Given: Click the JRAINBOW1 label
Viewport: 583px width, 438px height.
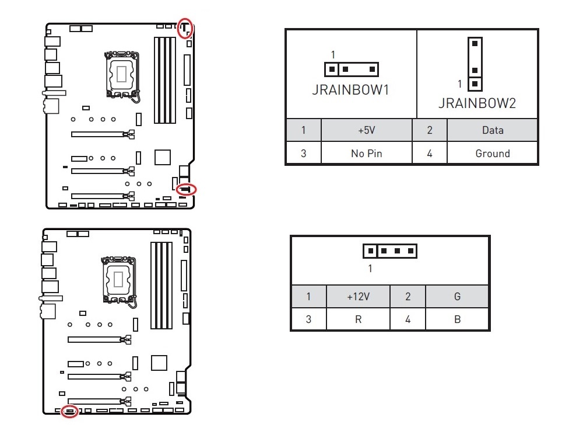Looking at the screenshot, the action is tap(350, 90).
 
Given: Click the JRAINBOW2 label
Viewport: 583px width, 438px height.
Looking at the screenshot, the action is tap(477, 103).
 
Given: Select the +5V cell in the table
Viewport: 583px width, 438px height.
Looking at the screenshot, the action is tap(367, 130).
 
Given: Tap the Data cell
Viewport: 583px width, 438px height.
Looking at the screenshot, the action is tap(493, 130).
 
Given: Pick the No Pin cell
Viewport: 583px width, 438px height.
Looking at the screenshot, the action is tap(367, 153).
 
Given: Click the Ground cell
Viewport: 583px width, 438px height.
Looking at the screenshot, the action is tap(493, 153).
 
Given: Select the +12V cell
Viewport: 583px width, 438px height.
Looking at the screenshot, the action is tap(359, 297).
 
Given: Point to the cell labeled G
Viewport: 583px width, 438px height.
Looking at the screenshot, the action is tap(457, 297).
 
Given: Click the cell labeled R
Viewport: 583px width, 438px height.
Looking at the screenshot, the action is tap(359, 319).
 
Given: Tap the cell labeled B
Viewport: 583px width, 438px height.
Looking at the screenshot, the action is tap(457, 319).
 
